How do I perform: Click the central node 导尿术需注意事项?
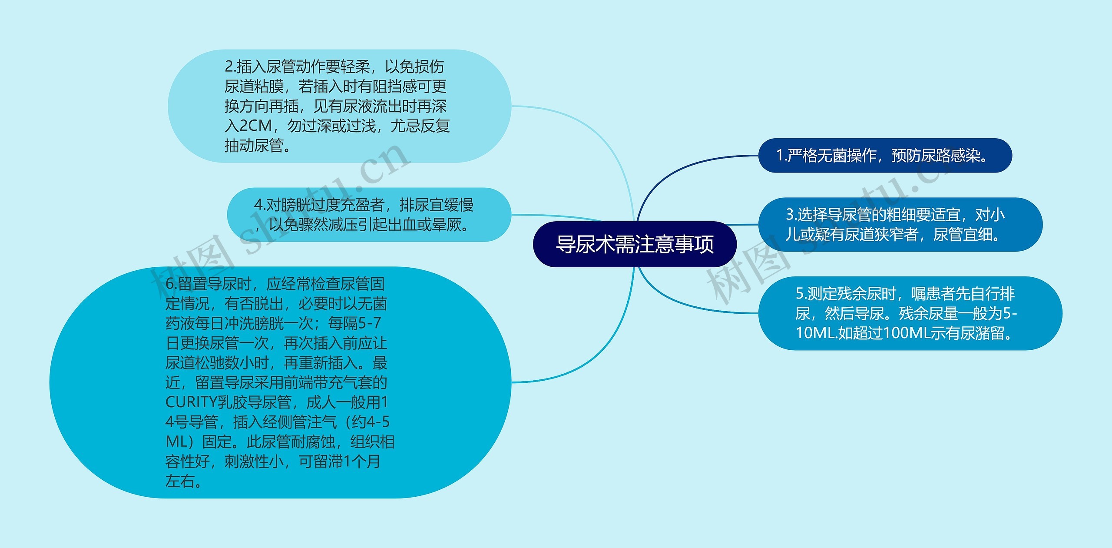pyautogui.click(x=635, y=244)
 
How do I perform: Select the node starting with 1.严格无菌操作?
pyautogui.click(x=885, y=156)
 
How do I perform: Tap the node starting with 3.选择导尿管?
pyautogui.click(x=900, y=225)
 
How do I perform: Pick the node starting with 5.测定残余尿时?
pyautogui.click(x=910, y=313)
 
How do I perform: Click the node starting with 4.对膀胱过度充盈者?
pyautogui.click(x=368, y=215)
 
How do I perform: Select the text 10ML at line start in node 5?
pyautogui.click(x=815, y=333)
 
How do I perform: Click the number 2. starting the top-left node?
pyautogui.click(x=230, y=67)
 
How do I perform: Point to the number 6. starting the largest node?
pyautogui.click(x=171, y=284)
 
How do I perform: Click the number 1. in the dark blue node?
pyautogui.click(x=781, y=156)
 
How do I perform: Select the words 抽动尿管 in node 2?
pyautogui.click(x=254, y=146)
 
